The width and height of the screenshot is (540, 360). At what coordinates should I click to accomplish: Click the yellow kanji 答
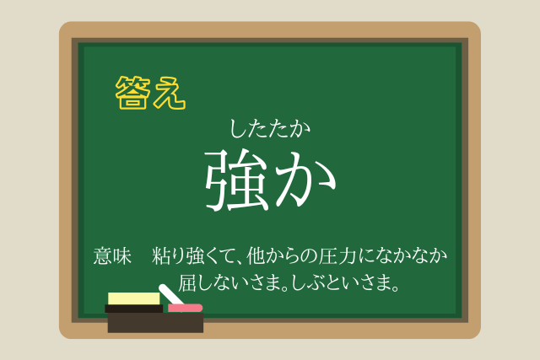point(133,93)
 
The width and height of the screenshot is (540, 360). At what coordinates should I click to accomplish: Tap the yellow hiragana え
point(170,93)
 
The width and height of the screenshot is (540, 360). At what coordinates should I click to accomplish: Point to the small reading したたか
point(270,129)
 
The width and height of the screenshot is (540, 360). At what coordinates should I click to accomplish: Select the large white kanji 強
point(237,180)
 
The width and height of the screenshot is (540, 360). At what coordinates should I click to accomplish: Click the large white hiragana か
point(305,180)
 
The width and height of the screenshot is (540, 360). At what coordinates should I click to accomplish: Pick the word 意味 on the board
point(112,256)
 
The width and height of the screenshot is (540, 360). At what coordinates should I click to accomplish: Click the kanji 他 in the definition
point(256,256)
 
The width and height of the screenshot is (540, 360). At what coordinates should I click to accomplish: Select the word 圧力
point(337,256)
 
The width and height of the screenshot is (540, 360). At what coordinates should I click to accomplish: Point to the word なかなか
point(410,256)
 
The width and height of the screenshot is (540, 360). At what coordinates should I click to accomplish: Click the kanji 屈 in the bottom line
point(187,283)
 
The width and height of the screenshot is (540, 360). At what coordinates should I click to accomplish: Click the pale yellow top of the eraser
point(133,298)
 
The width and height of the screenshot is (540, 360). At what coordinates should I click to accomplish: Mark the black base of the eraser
point(133,309)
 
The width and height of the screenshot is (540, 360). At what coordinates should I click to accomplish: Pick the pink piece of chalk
point(185,308)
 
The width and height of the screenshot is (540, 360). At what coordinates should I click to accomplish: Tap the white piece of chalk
point(170,294)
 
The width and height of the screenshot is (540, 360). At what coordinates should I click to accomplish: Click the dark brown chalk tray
point(155,323)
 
